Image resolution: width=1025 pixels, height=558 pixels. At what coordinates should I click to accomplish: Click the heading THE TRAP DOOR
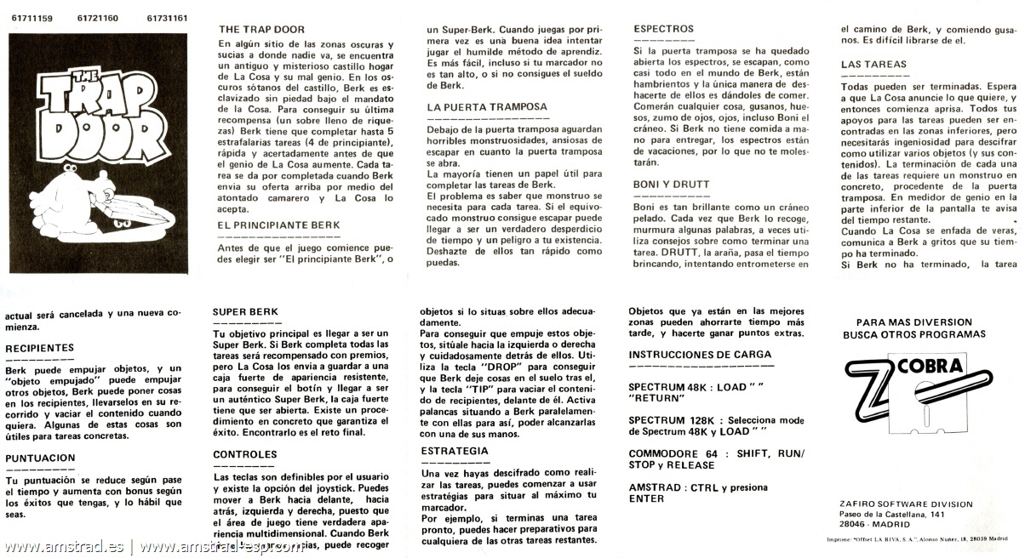261,29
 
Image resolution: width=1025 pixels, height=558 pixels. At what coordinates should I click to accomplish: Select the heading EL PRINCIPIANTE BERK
278,225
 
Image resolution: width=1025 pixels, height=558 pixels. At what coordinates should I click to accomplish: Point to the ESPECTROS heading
663,29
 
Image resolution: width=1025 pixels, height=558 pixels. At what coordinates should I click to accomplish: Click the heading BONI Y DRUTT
672,184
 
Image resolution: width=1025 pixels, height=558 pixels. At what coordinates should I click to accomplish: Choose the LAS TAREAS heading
873,64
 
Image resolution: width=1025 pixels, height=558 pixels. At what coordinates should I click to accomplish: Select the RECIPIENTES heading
39,348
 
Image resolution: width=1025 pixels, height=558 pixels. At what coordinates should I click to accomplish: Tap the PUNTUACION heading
39,458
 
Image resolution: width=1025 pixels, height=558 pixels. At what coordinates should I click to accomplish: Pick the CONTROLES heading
245,454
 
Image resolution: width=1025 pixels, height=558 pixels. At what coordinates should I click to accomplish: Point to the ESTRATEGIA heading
455,450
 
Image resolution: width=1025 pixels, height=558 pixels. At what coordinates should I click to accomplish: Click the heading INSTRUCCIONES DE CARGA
700,354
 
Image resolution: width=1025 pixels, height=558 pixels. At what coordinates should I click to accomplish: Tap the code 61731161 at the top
168,16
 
